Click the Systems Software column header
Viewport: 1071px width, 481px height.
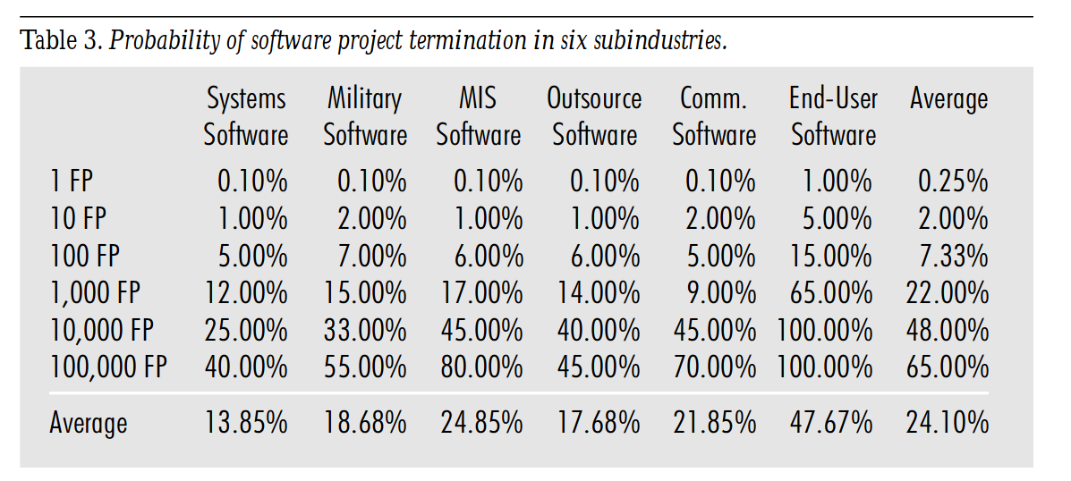[x=246, y=117]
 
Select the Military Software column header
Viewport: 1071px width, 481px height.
[x=365, y=117]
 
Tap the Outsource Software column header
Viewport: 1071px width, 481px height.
[x=595, y=117]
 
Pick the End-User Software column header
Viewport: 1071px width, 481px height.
[x=833, y=117]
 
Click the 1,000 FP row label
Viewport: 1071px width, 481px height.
[x=95, y=293]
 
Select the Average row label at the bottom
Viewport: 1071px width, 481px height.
[x=89, y=423]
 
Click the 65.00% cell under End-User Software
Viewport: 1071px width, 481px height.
[x=830, y=293]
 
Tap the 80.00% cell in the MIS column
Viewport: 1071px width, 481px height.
[x=481, y=367]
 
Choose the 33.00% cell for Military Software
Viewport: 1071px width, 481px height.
[x=365, y=330]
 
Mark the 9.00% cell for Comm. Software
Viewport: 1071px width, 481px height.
[x=721, y=293]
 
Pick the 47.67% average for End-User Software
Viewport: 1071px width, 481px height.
[x=830, y=423]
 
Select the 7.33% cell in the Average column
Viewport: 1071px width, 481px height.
[x=954, y=257]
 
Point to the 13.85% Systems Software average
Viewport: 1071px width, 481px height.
[x=246, y=423]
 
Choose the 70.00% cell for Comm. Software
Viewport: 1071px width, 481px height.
[x=714, y=367]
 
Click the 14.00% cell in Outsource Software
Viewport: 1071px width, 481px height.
[x=598, y=293]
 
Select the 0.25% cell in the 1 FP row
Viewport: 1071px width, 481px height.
[x=954, y=182]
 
